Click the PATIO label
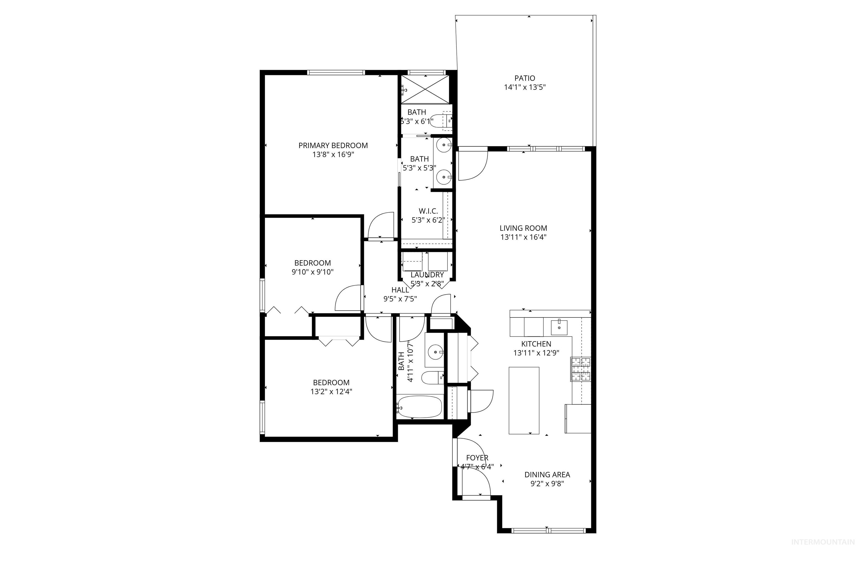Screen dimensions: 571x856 click(x=525, y=78)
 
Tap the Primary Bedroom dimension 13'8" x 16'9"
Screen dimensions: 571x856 click(x=333, y=154)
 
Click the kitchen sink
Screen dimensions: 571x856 click(x=559, y=327)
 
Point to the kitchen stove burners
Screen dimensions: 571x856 click(x=580, y=369)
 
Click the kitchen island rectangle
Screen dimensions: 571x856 click(x=524, y=400)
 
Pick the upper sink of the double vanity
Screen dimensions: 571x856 click(x=444, y=145)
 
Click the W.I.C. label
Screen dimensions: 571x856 click(x=428, y=211)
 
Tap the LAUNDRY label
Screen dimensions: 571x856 click(x=427, y=275)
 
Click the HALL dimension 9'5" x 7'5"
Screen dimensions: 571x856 click(x=400, y=299)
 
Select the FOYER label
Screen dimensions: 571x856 click(x=477, y=458)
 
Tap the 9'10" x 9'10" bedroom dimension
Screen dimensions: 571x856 click(x=312, y=272)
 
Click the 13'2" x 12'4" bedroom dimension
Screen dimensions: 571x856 click(x=331, y=392)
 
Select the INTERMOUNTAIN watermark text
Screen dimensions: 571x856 click(x=823, y=552)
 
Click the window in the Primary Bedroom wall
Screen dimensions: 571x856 click(x=336, y=72)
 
